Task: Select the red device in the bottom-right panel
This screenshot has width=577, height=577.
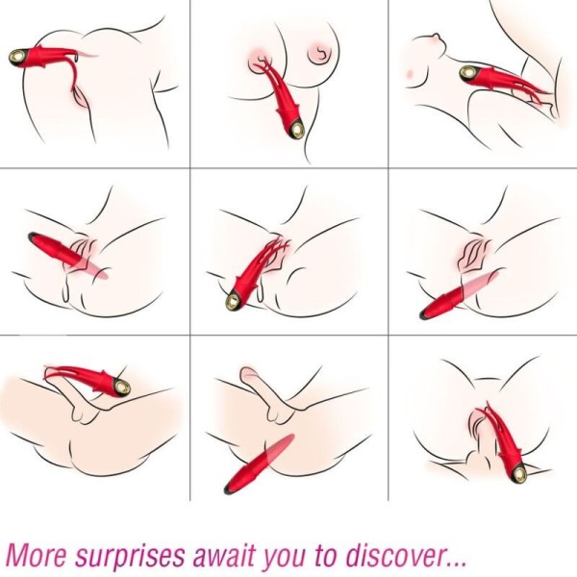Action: point(506,443)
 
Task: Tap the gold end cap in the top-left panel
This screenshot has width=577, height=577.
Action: point(17,55)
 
